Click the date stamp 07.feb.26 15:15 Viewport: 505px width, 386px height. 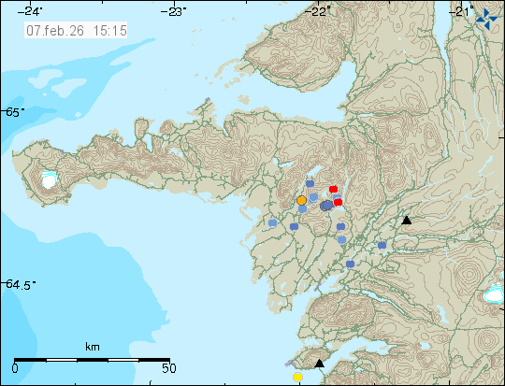[x=77, y=30]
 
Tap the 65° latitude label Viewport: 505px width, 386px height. [x=14, y=112]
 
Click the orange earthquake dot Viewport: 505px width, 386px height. [x=301, y=200]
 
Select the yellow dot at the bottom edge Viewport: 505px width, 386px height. [x=297, y=377]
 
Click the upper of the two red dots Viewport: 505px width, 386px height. [x=333, y=189]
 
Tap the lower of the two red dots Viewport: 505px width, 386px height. [x=339, y=202]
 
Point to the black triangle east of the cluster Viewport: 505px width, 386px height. [x=406, y=221]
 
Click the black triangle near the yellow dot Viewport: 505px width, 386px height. [x=319, y=364]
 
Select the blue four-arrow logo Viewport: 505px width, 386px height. [x=486, y=15]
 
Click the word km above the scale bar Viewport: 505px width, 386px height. [x=92, y=347]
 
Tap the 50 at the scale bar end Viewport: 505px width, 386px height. [x=167, y=368]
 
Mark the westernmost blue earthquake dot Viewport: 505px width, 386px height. [x=272, y=223]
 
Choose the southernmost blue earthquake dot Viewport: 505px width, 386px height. [x=350, y=264]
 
